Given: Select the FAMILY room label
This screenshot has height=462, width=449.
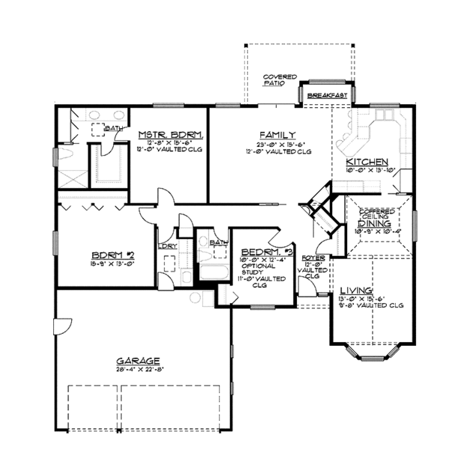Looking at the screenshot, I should [277, 134].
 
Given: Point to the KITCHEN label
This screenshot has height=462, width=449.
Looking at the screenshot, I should [367, 162].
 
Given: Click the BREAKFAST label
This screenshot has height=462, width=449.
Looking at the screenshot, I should [327, 96].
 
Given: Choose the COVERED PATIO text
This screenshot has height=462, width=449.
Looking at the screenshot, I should [279, 80].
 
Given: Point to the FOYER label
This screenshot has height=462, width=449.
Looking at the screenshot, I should [312, 258].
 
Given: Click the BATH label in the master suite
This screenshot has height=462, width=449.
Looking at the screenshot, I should [113, 129].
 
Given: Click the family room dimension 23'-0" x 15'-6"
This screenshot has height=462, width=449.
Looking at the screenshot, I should [277, 144].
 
